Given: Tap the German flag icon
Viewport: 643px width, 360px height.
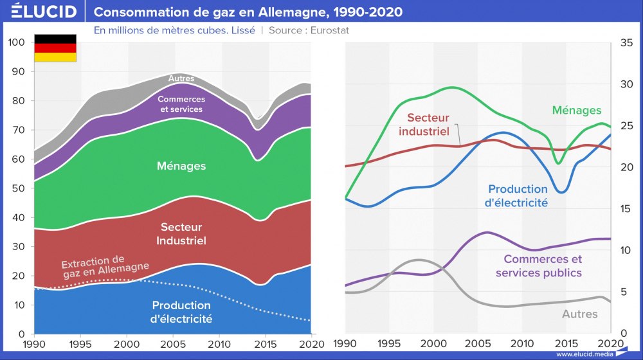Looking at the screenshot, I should click(x=55, y=48).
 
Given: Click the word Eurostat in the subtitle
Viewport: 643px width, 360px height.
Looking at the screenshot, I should click(x=330, y=30).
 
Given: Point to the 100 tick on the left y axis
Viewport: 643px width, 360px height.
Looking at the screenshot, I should click(x=17, y=42).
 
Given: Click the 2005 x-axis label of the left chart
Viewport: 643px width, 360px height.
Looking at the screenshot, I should click(x=173, y=343).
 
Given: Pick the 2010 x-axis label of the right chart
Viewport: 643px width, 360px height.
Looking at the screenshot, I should click(x=522, y=343).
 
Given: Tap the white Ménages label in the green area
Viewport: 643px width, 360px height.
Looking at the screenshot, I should click(x=181, y=166).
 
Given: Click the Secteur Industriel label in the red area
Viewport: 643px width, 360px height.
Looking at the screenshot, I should click(x=181, y=234).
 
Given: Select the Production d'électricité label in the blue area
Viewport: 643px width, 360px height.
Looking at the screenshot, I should click(x=181, y=312).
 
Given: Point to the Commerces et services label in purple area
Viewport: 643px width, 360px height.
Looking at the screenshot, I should click(x=181, y=104).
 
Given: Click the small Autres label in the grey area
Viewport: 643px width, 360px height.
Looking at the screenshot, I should click(x=181, y=78).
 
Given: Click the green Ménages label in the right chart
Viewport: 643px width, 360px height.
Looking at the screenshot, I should click(x=577, y=111).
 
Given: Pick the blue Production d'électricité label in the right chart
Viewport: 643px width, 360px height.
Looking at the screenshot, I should click(x=518, y=195).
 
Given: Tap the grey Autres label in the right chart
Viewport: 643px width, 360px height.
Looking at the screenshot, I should click(x=579, y=314).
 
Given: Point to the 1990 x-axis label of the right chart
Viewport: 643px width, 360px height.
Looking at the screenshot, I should click(x=345, y=343).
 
